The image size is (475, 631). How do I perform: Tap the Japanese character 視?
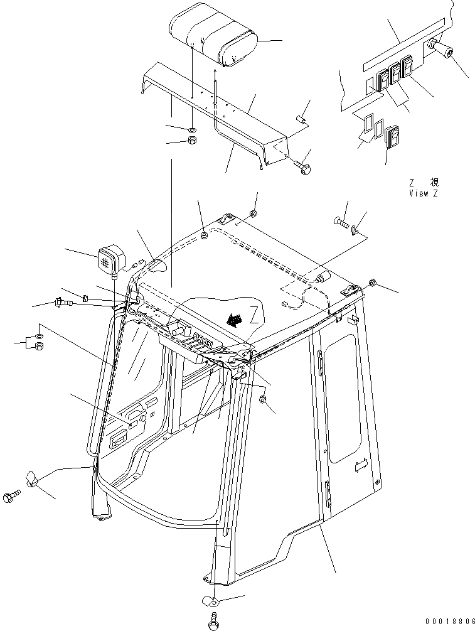tap(434, 183)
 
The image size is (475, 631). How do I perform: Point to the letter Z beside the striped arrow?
tap(253, 313)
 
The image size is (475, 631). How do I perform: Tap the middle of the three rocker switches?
tap(396, 73)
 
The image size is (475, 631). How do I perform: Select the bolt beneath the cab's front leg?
tap(213, 622)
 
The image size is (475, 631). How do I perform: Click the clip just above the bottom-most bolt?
tap(210, 601)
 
